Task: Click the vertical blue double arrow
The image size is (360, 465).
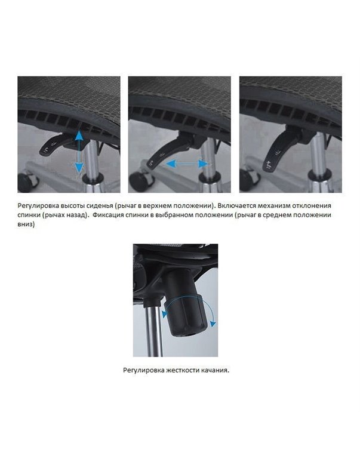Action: (79, 151)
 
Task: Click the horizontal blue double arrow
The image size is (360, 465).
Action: (187, 164)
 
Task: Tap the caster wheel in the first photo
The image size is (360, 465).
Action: (27, 181)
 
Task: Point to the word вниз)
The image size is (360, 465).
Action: (26, 225)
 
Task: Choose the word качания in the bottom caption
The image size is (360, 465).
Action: (216, 371)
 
